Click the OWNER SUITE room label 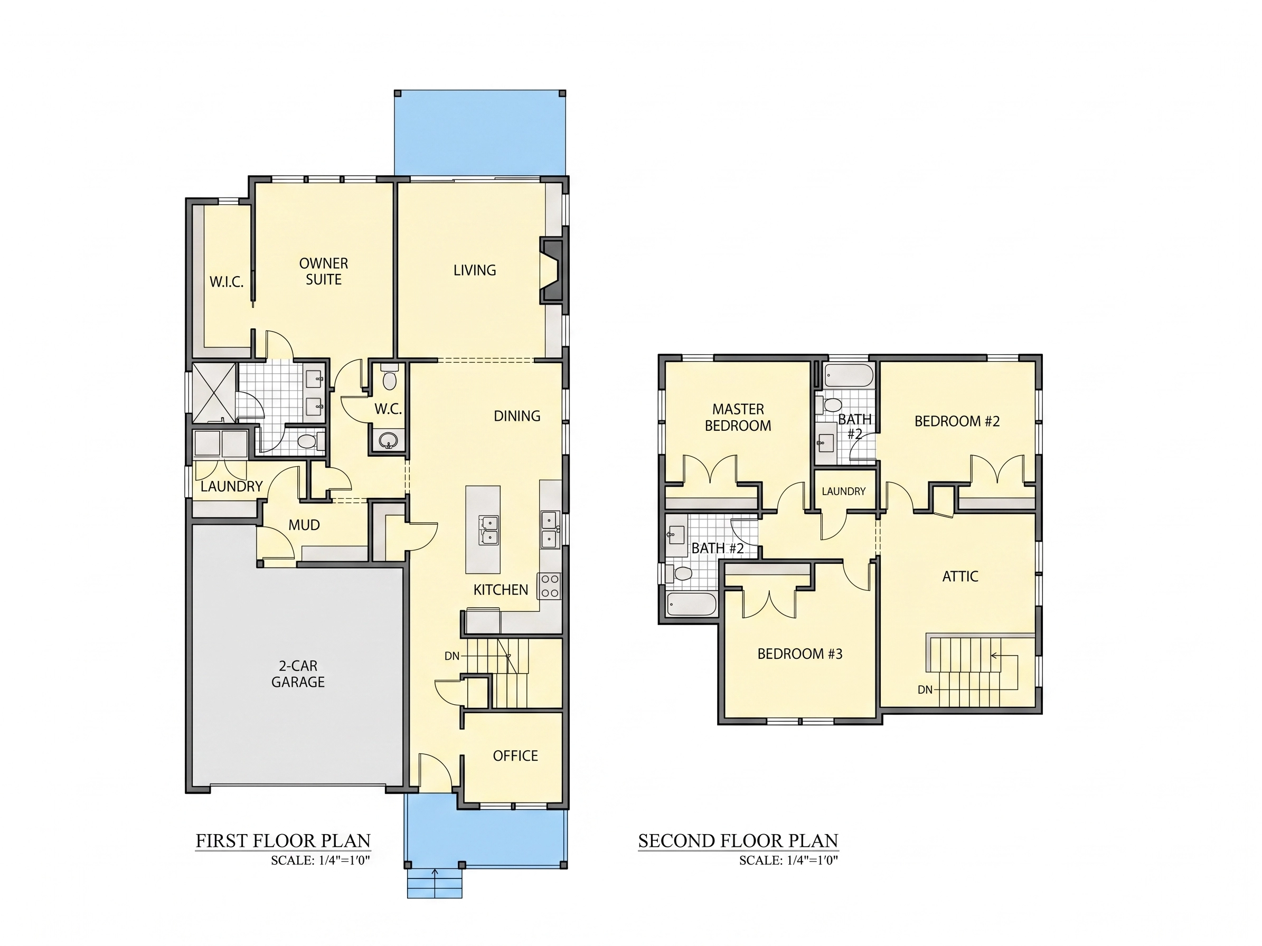324,271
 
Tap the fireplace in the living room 552,270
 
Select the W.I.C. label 227,282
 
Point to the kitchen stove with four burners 549,585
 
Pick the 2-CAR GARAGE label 298,674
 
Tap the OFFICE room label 515,755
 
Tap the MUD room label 304,525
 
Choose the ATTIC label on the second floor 960,576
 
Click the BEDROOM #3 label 800,654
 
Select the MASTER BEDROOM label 738,418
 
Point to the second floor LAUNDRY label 843,491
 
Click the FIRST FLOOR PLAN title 283,840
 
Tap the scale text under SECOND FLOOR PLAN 788,860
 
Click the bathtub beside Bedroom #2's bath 849,376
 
